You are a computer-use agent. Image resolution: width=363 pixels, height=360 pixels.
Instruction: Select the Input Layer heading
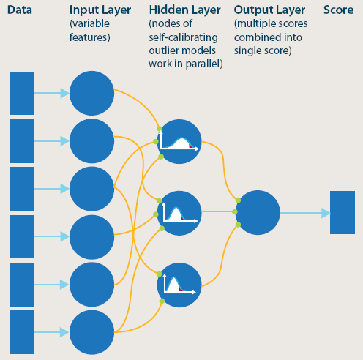pyautogui.click(x=100, y=10)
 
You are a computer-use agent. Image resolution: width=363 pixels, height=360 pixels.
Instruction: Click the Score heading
pyautogui.click(x=339, y=10)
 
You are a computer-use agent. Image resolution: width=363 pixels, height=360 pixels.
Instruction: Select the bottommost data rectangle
pyautogui.click(x=21, y=331)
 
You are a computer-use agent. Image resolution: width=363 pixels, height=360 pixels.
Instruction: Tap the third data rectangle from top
pyautogui.click(x=21, y=189)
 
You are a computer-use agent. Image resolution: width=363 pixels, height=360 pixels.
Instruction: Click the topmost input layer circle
pyautogui.click(x=91, y=94)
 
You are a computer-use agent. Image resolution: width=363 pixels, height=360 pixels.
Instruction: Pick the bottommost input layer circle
pyautogui.click(x=91, y=331)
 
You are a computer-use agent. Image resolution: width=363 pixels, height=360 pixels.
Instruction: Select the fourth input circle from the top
pyautogui.click(x=91, y=236)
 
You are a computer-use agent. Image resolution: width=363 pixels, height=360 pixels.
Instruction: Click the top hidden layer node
pyautogui.click(x=179, y=140)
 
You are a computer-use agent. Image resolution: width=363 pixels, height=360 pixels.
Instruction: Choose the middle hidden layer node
pyautogui.click(x=179, y=212)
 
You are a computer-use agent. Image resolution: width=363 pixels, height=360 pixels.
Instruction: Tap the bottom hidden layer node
pyautogui.click(x=179, y=284)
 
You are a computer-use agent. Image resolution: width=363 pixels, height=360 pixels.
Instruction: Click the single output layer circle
pyautogui.click(x=258, y=212)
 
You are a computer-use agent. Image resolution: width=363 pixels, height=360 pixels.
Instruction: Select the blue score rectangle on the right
pyautogui.click(x=342, y=212)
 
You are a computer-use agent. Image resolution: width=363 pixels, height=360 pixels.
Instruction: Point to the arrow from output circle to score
pyautogui.click(x=304, y=213)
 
